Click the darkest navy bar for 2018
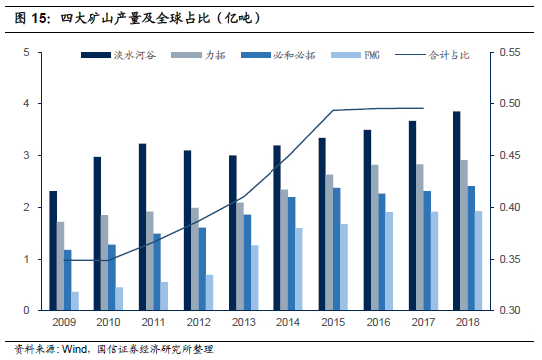tap(456, 211)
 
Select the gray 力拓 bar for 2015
tap(330, 243)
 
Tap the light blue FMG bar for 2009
tap(75, 301)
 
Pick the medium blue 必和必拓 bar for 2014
tap(292, 254)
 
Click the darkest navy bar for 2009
tap(53, 251)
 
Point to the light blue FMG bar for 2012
tap(210, 292)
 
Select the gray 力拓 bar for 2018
tap(464, 235)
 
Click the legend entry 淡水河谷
tap(118, 55)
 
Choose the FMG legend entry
tap(355, 55)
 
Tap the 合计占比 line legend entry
tap(432, 55)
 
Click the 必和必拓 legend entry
tap(278, 55)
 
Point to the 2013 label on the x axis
tap(244, 322)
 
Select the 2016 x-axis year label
tap(378, 322)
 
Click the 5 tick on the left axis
tap(26, 53)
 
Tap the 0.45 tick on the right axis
tap(510, 155)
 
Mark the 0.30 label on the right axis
tap(510, 310)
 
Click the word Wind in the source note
tap(75, 349)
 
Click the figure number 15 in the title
tap(38, 18)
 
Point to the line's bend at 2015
tap(333, 110)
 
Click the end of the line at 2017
tap(423, 108)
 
